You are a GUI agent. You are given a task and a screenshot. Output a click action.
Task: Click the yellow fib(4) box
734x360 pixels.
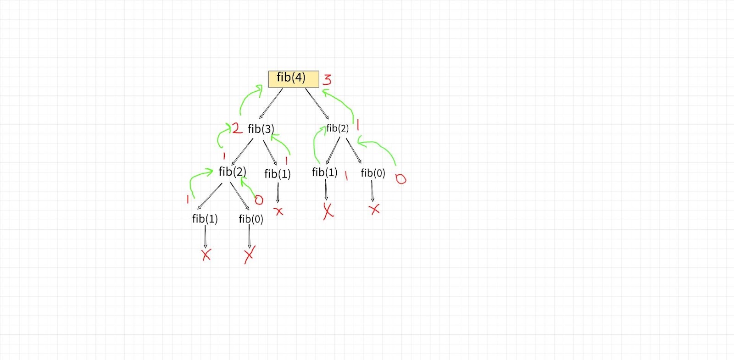pyautogui.click(x=294, y=79)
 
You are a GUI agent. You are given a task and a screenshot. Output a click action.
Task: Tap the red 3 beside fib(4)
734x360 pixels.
pyautogui.click(x=327, y=79)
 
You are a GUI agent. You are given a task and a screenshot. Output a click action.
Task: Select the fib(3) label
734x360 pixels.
pyautogui.click(x=261, y=129)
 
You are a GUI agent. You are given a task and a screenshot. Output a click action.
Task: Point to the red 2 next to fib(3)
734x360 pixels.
pyautogui.click(x=237, y=128)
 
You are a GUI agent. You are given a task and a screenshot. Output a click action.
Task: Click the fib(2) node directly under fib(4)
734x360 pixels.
pyautogui.click(x=337, y=128)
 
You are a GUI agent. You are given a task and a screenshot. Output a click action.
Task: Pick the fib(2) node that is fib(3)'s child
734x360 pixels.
pyautogui.click(x=232, y=172)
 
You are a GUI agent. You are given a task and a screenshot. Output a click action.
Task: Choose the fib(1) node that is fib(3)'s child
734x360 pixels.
pyautogui.click(x=278, y=174)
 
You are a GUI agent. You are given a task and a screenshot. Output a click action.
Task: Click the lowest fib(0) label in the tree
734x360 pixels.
pyautogui.click(x=251, y=219)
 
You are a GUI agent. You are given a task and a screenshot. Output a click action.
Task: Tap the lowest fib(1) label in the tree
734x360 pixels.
pyautogui.click(x=205, y=219)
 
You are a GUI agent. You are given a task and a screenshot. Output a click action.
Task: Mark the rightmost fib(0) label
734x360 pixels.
pyautogui.click(x=373, y=173)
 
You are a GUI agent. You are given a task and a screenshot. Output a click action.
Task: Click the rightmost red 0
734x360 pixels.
pyautogui.click(x=401, y=179)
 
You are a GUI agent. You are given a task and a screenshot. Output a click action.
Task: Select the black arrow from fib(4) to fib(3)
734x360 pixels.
pyautogui.click(x=271, y=104)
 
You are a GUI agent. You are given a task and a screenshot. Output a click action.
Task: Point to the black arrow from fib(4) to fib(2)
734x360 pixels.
pyautogui.click(x=317, y=104)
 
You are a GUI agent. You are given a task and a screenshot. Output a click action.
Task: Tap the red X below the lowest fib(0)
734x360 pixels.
pyautogui.click(x=250, y=255)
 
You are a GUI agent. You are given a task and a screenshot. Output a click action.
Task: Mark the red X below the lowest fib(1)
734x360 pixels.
pyautogui.click(x=206, y=255)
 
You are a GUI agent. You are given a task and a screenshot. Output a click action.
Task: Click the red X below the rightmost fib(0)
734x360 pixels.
pyautogui.click(x=375, y=210)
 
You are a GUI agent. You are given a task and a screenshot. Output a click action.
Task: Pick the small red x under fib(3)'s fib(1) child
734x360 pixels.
pyautogui.click(x=278, y=211)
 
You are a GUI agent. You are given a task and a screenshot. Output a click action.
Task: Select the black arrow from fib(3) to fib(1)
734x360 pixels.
pyautogui.click(x=270, y=153)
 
